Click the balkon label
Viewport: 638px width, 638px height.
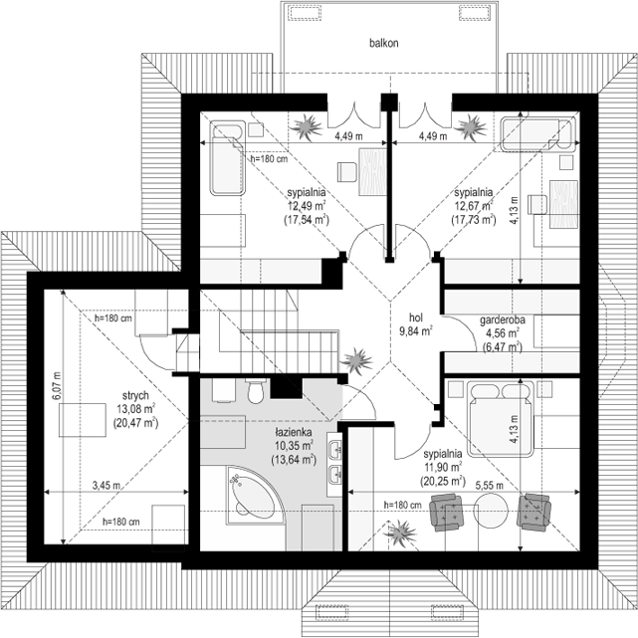383,43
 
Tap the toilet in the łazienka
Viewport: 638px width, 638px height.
256,390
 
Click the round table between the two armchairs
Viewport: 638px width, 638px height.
491,510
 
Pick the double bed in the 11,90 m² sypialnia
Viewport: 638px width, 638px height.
501,419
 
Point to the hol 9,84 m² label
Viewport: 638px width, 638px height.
416,324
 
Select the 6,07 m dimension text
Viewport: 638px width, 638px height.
56,386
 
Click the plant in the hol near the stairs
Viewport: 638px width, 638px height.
356,360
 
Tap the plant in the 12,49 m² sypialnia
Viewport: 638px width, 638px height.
306,127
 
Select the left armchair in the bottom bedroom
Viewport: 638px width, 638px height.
448,512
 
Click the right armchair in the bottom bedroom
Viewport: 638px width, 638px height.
533,512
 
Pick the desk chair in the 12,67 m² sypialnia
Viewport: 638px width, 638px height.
537,205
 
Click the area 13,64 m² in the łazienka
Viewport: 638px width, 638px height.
294,460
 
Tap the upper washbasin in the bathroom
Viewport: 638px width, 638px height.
335,449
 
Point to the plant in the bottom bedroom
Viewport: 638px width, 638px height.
402,532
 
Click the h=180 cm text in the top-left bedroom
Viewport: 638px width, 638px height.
269,158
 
